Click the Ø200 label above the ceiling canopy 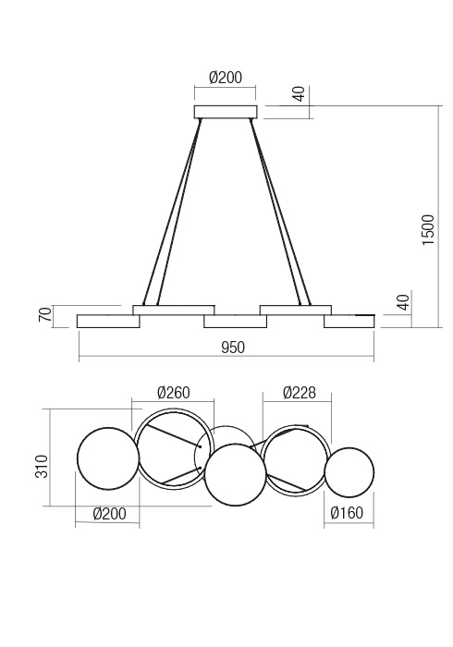226,79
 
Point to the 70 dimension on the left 43,315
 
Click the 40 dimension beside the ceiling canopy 298,94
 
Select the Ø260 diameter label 174,392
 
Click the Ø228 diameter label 299,392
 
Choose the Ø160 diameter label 349,515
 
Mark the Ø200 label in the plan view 109,515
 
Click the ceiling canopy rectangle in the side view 225,113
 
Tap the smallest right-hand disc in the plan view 349,472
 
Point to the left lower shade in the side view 108,321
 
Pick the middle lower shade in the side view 235,322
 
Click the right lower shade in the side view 349,321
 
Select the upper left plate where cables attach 174,310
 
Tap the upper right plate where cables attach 295,310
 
